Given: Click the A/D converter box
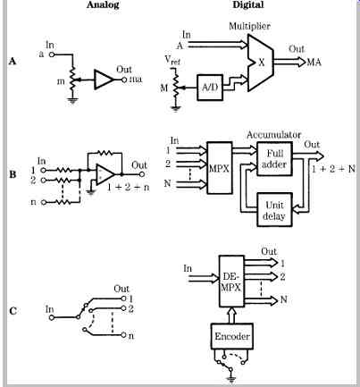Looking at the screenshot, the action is click(210, 88).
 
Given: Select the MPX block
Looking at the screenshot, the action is click(219, 168).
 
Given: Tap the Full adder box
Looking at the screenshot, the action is click(274, 159).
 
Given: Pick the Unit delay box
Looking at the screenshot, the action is click(274, 210).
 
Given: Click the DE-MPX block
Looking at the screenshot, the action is click(231, 282).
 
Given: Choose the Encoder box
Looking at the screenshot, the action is click(232, 336).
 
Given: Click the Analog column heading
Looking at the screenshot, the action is click(103, 5).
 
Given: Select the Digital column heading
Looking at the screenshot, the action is click(248, 5).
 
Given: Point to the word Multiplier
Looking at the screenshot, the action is click(249, 26).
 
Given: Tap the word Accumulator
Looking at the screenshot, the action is click(273, 135).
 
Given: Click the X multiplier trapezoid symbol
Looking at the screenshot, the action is click(260, 63).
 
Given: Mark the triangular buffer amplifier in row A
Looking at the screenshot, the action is click(104, 80).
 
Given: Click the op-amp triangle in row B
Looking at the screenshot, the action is click(105, 174).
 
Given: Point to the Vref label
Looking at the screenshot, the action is click(172, 60).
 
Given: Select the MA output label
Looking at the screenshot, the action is click(314, 63).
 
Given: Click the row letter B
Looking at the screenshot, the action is click(13, 174).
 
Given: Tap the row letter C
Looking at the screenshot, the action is click(13, 311).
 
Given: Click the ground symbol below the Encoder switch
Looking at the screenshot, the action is click(230, 379).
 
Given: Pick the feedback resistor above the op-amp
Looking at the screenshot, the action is click(105, 153).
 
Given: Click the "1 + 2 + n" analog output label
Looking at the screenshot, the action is click(128, 188).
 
